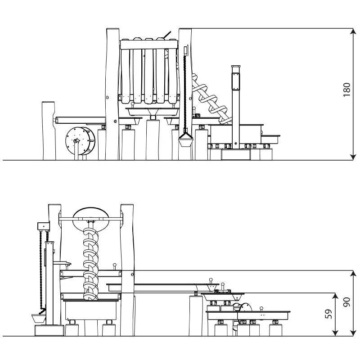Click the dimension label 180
click(347, 90)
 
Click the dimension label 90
click(346, 302)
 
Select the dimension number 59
click(328, 314)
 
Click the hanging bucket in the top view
click(186, 140)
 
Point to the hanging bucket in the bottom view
click(39, 318)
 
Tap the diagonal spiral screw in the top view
click(211, 99)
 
